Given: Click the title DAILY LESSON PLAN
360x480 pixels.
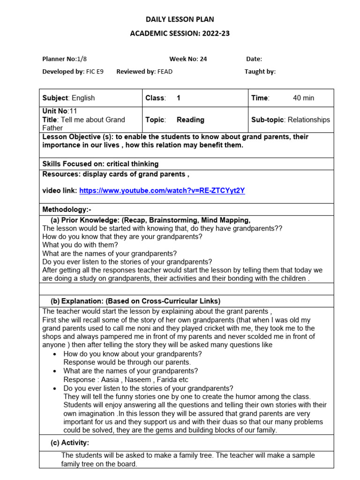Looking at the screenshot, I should tap(180, 19).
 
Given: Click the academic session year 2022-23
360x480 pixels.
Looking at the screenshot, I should tap(212, 33).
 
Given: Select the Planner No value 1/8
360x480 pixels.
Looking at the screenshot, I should tap(82, 59).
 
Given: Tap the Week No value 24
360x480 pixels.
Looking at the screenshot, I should tap(203, 59).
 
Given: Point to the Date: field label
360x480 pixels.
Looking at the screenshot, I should tap(254, 59).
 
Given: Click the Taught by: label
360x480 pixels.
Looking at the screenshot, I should tap(260, 72).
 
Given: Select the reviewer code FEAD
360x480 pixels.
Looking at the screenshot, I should tap(165, 72).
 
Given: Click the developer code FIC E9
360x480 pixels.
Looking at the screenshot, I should tap(95, 72).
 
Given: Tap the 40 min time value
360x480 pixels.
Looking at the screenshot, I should tap(303, 98).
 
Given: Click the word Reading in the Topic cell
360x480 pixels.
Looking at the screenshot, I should tap(190, 120).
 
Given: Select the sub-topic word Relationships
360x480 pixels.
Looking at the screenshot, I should tap(308, 120).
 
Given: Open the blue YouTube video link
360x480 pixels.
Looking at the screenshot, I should tap(162, 191).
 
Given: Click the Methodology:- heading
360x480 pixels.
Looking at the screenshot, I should tap(70, 209).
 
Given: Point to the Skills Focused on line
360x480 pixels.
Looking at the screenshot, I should tap(100, 164).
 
